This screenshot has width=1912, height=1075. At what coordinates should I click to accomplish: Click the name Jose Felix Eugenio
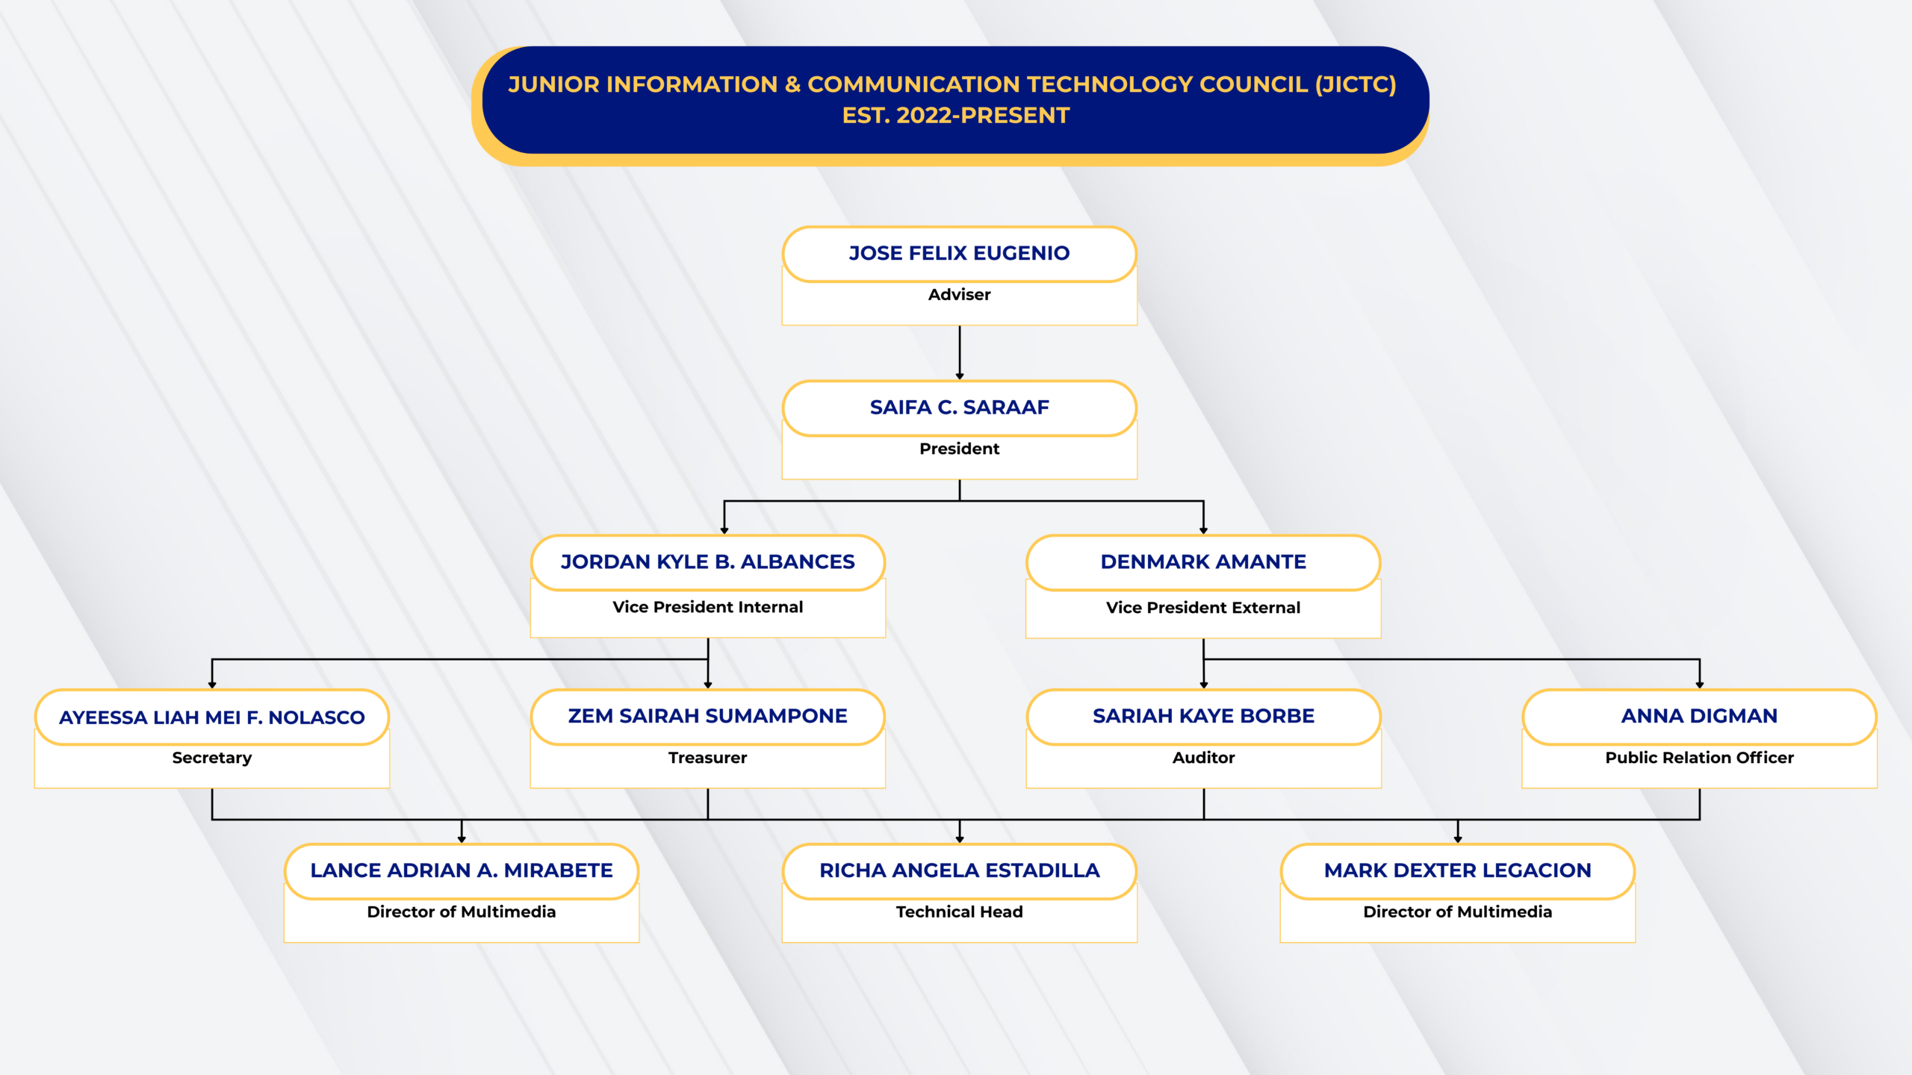point(959,253)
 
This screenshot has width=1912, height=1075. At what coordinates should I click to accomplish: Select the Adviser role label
point(959,295)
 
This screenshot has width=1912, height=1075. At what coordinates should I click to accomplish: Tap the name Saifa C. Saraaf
point(959,408)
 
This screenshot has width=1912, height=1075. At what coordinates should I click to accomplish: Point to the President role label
point(959,449)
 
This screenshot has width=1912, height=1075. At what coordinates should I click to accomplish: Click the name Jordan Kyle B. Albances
point(707,562)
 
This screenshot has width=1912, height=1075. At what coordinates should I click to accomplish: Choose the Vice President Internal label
point(707,607)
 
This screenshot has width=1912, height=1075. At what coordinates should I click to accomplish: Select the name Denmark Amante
point(1203,562)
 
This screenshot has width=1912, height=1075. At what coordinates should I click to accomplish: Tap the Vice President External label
point(1203,608)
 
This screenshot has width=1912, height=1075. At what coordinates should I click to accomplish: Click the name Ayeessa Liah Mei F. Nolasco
point(212,717)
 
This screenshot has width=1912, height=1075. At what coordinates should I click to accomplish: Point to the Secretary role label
point(212,758)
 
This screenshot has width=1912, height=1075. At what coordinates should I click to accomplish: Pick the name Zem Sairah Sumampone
point(707,716)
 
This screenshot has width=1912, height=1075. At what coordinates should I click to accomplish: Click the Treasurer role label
point(707,758)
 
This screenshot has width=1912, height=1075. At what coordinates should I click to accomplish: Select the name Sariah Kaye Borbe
point(1203,716)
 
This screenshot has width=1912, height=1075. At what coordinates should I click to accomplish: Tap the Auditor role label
point(1203,758)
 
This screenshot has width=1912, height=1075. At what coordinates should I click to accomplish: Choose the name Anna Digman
point(1699,716)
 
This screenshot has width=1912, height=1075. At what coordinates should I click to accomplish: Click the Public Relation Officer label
point(1699,758)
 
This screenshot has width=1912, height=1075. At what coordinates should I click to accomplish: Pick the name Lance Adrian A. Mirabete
point(462,870)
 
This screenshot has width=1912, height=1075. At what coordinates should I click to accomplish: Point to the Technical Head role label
point(959,912)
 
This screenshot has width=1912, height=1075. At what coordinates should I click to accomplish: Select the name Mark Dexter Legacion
point(1457,870)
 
